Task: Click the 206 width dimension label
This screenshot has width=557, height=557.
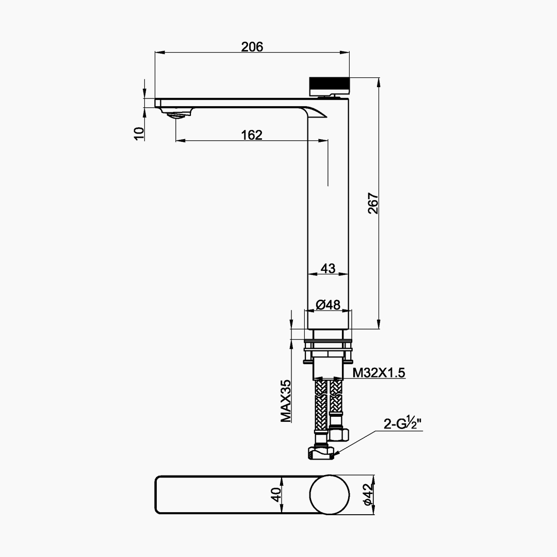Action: tap(252, 47)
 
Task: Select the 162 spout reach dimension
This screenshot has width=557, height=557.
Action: tap(252, 135)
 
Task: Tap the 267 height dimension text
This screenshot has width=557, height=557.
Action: tap(373, 203)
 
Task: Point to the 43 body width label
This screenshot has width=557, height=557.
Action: tap(328, 269)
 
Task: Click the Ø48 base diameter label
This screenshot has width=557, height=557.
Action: tap(328, 304)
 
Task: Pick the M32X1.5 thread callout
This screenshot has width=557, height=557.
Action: tap(379, 373)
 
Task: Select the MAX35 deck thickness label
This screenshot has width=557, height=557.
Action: tap(286, 401)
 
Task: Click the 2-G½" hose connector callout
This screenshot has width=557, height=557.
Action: tap(402, 424)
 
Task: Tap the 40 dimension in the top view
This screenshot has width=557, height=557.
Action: tap(276, 495)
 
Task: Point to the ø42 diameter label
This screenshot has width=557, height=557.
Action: tap(368, 495)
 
